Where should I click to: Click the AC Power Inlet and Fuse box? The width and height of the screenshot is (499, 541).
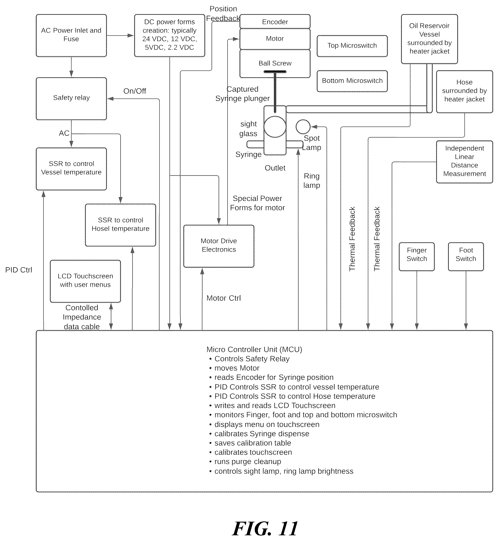tap(71, 35)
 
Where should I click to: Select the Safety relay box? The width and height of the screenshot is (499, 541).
tap(71, 99)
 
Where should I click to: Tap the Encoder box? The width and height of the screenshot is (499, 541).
tap(275, 21)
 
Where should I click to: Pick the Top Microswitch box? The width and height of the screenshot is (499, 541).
tap(352, 46)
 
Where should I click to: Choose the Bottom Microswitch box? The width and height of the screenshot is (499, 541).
tap(352, 81)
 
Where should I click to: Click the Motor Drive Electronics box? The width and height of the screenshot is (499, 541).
tap(219, 246)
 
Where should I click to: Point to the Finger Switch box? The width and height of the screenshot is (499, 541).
tap(417, 257)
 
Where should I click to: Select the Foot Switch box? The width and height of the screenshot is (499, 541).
tap(466, 257)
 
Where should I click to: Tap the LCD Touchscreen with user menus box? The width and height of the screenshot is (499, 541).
tap(85, 281)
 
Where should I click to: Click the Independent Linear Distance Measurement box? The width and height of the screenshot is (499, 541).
tap(465, 162)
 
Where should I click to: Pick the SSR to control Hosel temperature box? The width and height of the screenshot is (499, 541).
tap(121, 225)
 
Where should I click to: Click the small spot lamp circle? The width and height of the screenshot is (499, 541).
tap(303, 127)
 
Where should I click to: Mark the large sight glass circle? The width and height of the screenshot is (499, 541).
tap(275, 126)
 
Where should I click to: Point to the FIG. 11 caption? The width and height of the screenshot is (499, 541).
tap(265, 528)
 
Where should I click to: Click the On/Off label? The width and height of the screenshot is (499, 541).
tap(135, 91)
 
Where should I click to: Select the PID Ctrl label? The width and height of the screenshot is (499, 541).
tap(19, 270)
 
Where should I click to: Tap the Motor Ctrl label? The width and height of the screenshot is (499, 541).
tap(224, 298)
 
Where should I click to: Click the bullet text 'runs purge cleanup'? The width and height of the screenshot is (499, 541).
tap(248, 462)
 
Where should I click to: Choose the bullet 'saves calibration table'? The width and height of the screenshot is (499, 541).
tap(253, 443)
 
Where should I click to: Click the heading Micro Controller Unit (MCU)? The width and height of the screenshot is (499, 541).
tap(254, 349)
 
